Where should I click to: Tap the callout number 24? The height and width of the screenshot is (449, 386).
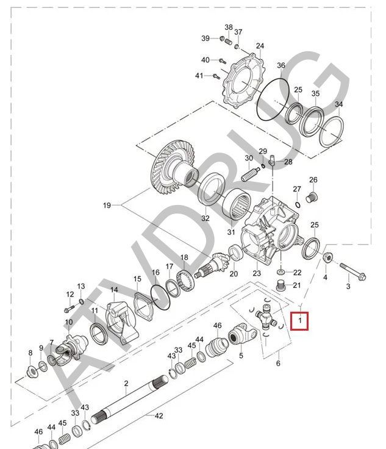[260, 46]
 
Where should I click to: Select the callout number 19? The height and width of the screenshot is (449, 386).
[107, 206]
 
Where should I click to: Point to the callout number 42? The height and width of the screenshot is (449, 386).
[159, 416]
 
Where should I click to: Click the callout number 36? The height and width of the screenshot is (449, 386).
[281, 65]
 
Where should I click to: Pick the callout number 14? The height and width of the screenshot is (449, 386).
[114, 289]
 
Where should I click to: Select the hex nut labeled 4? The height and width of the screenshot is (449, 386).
[327, 257]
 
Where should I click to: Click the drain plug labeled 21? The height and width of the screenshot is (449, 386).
[281, 286]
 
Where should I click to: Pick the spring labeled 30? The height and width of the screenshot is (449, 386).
[251, 174]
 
